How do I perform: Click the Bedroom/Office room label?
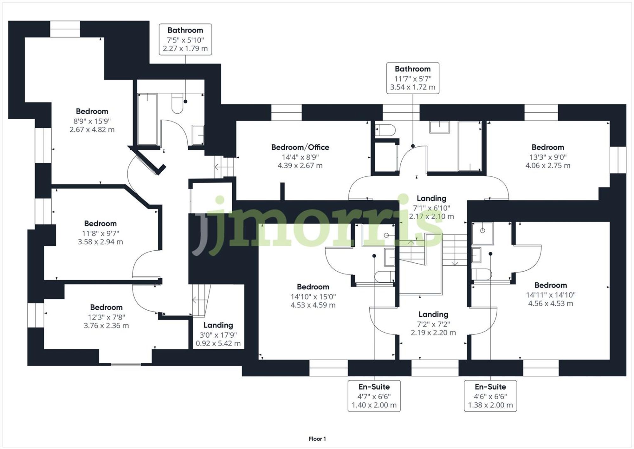pyautogui.click(x=300, y=147)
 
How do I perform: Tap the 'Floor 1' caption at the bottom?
pyautogui.click(x=317, y=439)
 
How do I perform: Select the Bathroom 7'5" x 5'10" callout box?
pyautogui.click(x=185, y=39)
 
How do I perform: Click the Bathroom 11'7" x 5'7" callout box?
pyautogui.click(x=412, y=78)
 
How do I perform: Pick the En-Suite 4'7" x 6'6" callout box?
pyautogui.click(x=374, y=396)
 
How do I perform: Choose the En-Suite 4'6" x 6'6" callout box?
pyautogui.click(x=490, y=396)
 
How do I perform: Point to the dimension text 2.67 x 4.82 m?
pyautogui.click(x=92, y=129)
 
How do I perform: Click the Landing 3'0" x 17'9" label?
pyautogui.click(x=218, y=325)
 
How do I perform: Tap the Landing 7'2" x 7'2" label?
pyautogui.click(x=433, y=314)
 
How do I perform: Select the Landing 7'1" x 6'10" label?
pyautogui.click(x=431, y=199)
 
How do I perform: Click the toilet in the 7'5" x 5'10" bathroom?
pyautogui.click(x=178, y=103)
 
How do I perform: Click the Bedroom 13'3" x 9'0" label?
pyautogui.click(x=547, y=147)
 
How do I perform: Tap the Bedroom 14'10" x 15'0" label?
pyautogui.click(x=313, y=287)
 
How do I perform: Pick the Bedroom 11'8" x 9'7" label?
pyautogui.click(x=100, y=223)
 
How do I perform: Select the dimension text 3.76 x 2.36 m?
pyautogui.click(x=106, y=326)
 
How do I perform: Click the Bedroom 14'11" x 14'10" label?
pyautogui.click(x=550, y=285)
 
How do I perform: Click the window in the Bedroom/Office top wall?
pyautogui.click(x=286, y=112)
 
